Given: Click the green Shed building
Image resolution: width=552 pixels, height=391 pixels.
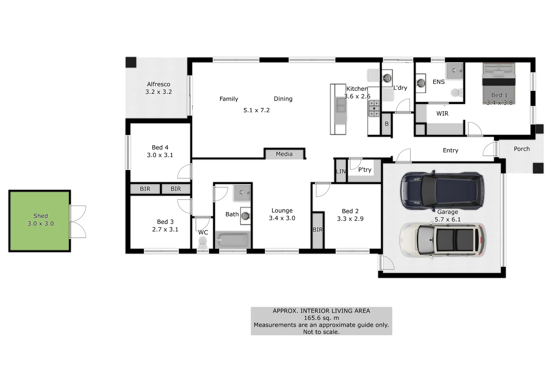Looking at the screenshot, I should (x=40, y=221).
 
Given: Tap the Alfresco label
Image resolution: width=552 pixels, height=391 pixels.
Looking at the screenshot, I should (x=158, y=84).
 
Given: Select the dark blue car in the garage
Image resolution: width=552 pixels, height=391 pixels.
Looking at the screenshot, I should (x=442, y=190).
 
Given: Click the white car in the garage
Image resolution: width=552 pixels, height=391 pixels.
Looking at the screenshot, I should (x=442, y=240).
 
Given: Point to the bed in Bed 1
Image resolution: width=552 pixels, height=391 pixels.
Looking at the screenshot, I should (x=499, y=84).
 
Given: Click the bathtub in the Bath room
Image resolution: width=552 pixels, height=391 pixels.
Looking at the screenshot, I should (x=233, y=240).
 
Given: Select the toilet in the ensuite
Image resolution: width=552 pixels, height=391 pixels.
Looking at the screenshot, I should (x=457, y=93).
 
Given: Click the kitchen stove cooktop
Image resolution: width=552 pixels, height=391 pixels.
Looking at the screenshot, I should (x=374, y=108).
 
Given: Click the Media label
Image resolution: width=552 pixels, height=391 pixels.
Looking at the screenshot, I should (x=284, y=154).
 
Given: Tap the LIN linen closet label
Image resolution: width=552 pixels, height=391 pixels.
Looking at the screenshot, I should (x=341, y=171).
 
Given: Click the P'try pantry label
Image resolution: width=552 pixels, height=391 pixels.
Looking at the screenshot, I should (x=365, y=170).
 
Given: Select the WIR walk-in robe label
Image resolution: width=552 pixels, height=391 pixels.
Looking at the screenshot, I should (x=442, y=114).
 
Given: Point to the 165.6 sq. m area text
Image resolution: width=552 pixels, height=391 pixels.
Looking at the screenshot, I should (x=321, y=318).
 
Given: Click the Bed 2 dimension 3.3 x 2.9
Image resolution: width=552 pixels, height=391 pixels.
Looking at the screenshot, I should (x=350, y=219).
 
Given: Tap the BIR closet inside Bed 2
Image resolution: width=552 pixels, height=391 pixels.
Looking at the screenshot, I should (x=318, y=230).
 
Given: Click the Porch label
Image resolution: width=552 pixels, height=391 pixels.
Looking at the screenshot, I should (x=522, y=149).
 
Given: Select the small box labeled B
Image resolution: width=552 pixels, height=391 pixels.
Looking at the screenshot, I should (x=387, y=124).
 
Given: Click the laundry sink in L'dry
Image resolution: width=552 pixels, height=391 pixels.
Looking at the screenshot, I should (x=387, y=77).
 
